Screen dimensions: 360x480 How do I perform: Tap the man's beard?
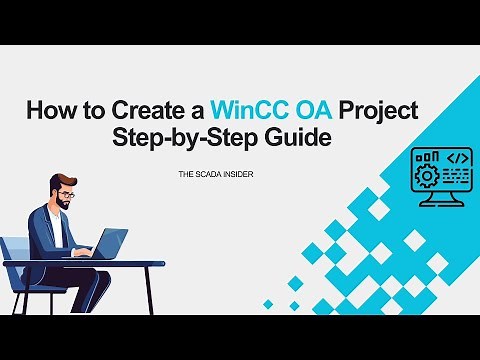[62, 202]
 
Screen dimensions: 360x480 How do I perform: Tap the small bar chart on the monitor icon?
[425, 158]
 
